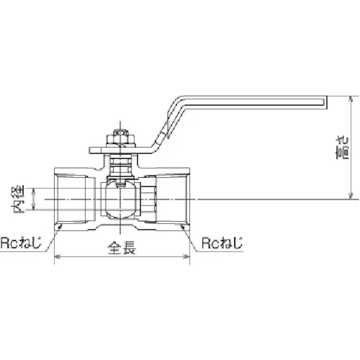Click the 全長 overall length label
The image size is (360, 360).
pyautogui.click(x=122, y=248)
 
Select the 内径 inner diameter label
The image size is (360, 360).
pyautogui.click(x=19, y=199)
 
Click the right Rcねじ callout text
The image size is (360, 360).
pyautogui.click(x=222, y=243)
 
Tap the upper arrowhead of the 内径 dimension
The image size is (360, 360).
pyautogui.click(x=34, y=191)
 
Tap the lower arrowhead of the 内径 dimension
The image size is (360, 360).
pyautogui.click(x=34, y=208)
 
